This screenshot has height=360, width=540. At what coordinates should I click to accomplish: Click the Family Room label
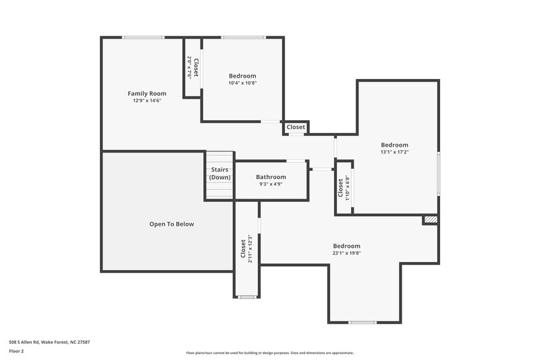[x=146, y=93]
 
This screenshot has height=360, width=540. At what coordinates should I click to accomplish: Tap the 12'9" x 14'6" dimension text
[x=146, y=100]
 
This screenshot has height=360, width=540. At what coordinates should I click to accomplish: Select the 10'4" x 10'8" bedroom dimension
[x=242, y=83]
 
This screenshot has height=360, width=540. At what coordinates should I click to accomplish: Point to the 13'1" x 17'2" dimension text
[x=394, y=152]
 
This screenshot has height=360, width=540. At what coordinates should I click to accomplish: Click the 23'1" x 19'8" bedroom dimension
[x=346, y=253]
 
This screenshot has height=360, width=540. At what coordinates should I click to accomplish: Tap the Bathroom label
[x=271, y=177]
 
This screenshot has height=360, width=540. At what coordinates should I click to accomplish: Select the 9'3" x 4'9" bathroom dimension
[x=271, y=184]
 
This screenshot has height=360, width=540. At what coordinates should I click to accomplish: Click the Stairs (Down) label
[x=219, y=174]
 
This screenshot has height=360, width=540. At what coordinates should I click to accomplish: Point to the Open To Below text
[x=171, y=224]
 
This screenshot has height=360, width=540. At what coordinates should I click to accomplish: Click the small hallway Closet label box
[x=296, y=127]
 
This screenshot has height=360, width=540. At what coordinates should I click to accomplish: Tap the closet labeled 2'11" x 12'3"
[x=246, y=249]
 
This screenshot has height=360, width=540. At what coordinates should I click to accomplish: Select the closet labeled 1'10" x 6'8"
[x=343, y=188]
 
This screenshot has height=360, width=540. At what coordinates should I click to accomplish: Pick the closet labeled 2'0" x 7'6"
[x=192, y=68]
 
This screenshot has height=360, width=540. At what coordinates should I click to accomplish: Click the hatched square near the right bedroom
[x=430, y=220]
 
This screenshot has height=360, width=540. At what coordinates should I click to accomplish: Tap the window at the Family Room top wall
[x=143, y=37]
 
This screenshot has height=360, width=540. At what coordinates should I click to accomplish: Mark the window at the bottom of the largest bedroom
[x=362, y=322]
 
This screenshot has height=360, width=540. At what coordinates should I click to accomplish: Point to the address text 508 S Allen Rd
[x=49, y=342]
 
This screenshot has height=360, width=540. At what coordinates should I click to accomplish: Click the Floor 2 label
[x=16, y=351]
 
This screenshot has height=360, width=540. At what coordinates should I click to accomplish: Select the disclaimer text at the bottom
[x=270, y=353]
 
